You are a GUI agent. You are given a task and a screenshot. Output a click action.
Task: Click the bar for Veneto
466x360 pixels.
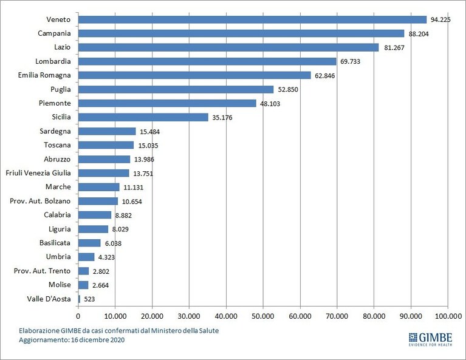[252, 19]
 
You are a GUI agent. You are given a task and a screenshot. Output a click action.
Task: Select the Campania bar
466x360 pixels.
[241, 33]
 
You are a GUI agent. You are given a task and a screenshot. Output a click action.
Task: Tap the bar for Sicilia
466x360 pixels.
[143, 117]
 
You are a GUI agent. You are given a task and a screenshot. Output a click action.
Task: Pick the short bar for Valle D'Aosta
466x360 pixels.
[80, 299]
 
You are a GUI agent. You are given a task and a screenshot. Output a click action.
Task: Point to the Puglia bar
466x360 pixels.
[176, 89]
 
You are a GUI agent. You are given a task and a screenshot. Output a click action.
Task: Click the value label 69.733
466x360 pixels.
[350, 61]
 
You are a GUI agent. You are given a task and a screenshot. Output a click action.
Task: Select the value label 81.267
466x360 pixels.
[394, 47]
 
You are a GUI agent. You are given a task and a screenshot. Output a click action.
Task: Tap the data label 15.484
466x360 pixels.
[149, 132]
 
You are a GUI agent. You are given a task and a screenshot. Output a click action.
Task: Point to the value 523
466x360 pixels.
[89, 299]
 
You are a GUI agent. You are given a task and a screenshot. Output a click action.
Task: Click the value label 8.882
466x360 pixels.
[123, 216]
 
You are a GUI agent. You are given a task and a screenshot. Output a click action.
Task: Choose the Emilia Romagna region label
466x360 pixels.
[44, 75]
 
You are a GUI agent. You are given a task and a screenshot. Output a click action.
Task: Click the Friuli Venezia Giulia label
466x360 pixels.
[38, 173]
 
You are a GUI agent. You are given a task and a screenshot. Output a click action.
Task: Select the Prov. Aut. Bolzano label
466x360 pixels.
[40, 201]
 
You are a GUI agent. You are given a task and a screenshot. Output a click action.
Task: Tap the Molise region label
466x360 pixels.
[60, 285]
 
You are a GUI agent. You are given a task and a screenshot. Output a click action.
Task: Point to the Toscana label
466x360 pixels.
[57, 145]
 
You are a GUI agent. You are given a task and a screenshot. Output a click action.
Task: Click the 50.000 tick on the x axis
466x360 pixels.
[263, 316]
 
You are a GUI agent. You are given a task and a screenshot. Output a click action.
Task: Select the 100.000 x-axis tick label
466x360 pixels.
[448, 316]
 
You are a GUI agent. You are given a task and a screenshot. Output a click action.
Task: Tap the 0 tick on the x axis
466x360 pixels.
[78, 316]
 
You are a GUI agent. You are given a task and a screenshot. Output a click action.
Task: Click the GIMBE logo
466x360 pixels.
[431, 339]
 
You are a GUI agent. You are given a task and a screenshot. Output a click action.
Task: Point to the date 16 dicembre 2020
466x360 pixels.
[98, 340]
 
